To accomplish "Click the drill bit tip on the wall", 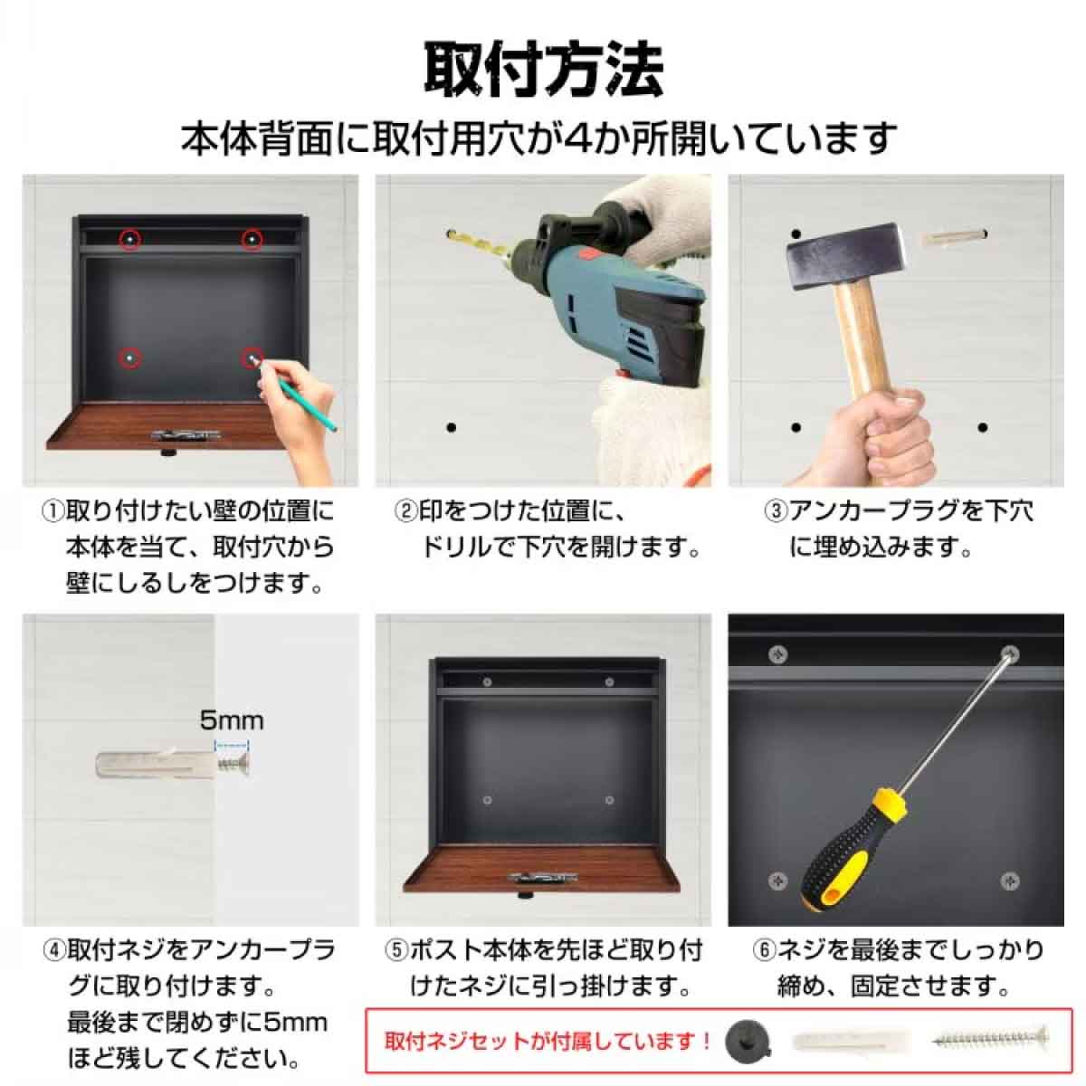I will [x=450, y=234].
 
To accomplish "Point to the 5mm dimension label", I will [x=232, y=720].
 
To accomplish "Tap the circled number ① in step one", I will [x=52, y=512].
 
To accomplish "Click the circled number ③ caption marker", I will [x=776, y=512].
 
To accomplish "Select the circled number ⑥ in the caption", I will [x=765, y=950].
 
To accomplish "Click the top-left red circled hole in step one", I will [x=130, y=239].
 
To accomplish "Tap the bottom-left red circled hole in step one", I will [x=130, y=358].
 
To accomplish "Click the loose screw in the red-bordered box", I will [x=991, y=1038].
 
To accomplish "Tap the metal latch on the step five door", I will [x=543, y=877].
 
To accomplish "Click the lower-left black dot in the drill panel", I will [x=451, y=427].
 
